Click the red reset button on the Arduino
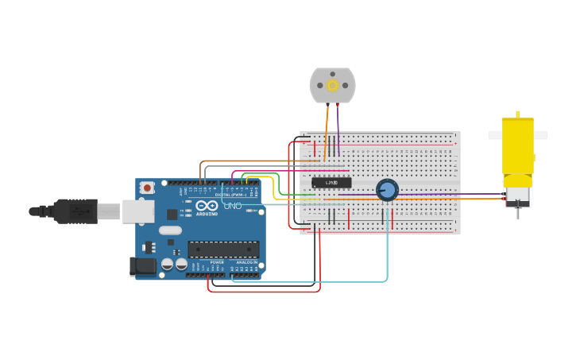(x=147, y=188)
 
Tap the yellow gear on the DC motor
(x=332, y=85)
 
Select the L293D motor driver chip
(x=331, y=184)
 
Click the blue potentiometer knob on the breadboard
(x=387, y=190)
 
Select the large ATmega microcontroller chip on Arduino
(x=223, y=249)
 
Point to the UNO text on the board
(x=233, y=206)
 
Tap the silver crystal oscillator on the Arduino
(x=170, y=230)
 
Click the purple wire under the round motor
(x=338, y=127)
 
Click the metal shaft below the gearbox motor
(x=517, y=212)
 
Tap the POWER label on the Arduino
(x=217, y=261)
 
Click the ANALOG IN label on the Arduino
(x=247, y=261)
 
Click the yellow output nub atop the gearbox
(x=517, y=114)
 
